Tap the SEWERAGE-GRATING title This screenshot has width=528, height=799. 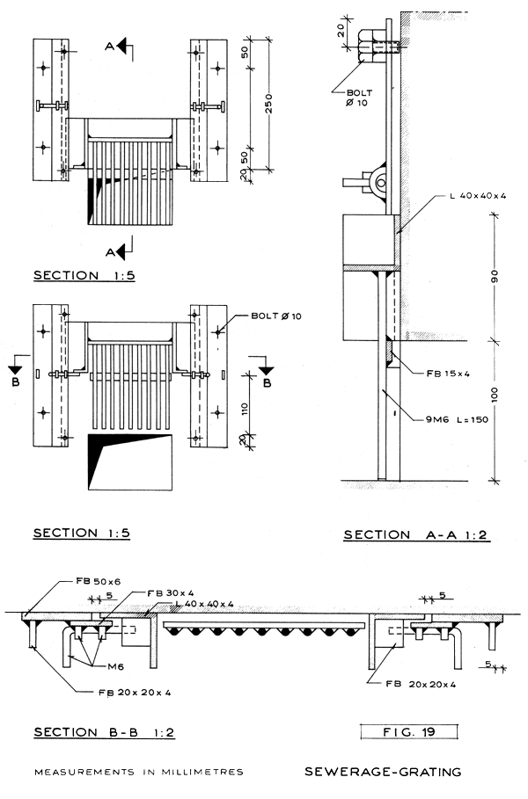383,773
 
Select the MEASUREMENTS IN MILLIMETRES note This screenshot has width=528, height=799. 138,773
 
